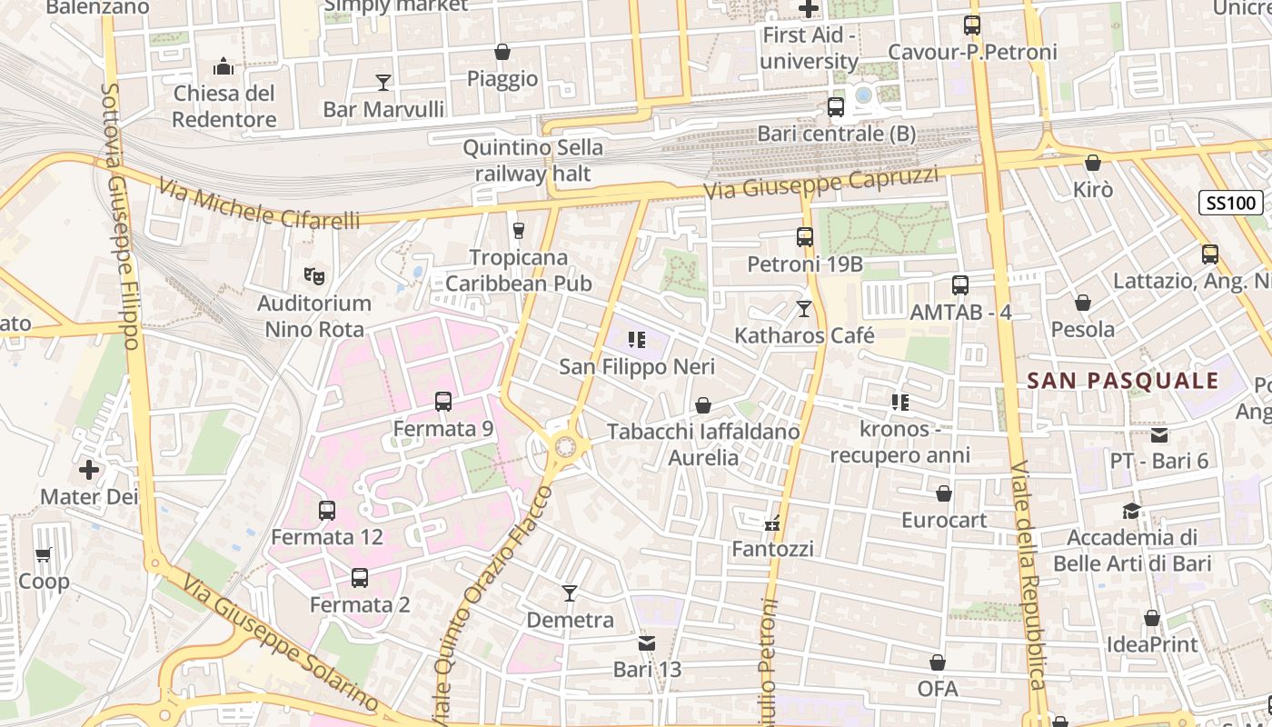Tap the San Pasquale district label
tap(1122, 381)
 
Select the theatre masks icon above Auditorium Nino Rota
tap(313, 274)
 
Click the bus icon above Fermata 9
tap(443, 401)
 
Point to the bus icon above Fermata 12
tap(327, 510)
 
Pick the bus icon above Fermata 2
tap(360, 577)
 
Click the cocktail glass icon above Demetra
tap(570, 593)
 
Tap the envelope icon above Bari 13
tap(647, 643)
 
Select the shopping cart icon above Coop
tap(43, 554)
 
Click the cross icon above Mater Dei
tap(89, 470)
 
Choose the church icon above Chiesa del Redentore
tap(224, 66)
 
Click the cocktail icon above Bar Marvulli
tap(383, 83)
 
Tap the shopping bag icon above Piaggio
tap(502, 52)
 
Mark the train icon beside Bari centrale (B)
tap(836, 106)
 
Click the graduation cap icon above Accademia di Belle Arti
tap(1131, 511)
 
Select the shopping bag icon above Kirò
tap(1093, 163)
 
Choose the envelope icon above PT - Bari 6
tap(1159, 434)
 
